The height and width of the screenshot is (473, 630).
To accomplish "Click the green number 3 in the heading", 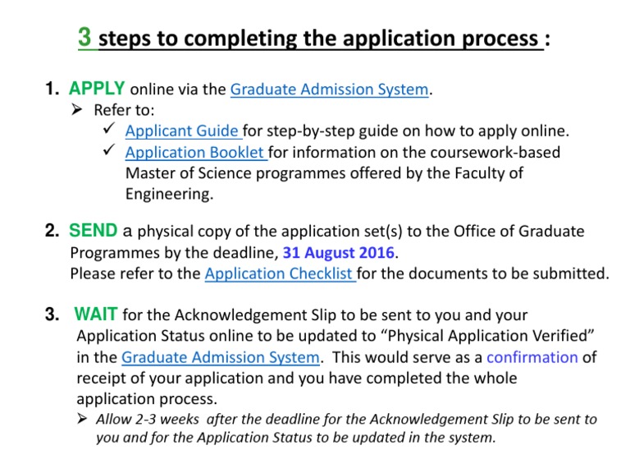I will pos(84,37).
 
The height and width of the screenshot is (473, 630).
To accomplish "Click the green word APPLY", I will pos(97,89).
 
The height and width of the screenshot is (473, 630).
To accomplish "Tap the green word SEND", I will pos(94,231).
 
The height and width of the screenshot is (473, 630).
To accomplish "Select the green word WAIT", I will pos(97,314).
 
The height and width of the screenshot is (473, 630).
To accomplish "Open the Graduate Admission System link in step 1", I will pos(330,90).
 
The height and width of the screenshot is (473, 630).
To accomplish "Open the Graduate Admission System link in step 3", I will pos(220,357).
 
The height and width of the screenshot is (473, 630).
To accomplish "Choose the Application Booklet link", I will pos(195,152).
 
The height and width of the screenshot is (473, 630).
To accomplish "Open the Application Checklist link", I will pos(280,273).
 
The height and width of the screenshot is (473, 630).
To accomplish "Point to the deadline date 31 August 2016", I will pos(339,253).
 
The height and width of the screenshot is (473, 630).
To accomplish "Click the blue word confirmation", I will pos(532,357).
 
